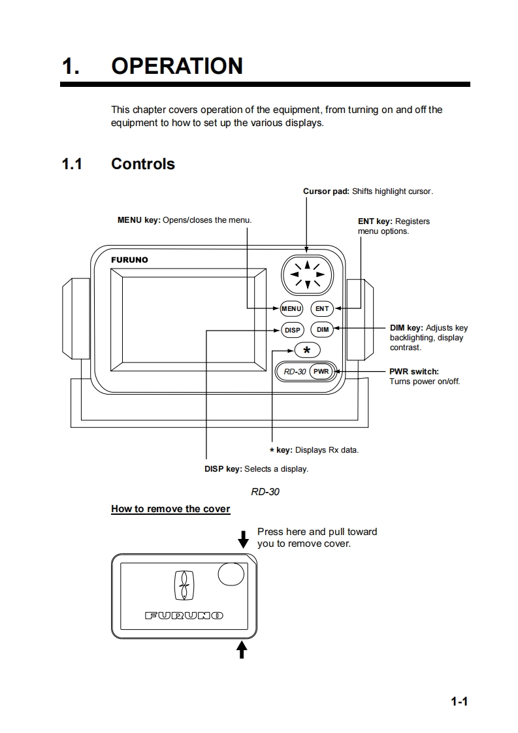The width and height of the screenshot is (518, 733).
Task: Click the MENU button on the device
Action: (291, 308)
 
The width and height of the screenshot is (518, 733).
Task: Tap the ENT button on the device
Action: (322, 308)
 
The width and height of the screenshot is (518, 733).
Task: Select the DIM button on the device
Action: (323, 330)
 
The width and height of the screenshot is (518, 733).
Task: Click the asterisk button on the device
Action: (306, 350)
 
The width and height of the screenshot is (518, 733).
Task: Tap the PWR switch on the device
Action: (321, 371)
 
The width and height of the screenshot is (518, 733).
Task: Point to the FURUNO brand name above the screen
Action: (129, 260)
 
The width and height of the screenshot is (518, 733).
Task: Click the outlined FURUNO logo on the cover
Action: (184, 615)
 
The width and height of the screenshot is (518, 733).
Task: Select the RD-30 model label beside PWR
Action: (295, 372)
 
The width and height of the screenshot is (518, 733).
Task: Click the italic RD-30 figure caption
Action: (265, 491)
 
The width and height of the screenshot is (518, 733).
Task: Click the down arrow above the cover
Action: (243, 540)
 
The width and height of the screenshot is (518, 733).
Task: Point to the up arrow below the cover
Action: (242, 649)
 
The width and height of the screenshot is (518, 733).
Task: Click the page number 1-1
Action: (460, 702)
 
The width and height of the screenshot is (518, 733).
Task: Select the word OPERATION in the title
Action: (177, 66)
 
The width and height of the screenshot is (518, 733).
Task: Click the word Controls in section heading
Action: (143, 163)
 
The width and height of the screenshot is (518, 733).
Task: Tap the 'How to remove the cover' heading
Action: (170, 509)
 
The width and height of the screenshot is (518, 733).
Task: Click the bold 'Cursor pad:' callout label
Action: (326, 191)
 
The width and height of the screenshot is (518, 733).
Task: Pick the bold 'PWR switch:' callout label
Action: (414, 372)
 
